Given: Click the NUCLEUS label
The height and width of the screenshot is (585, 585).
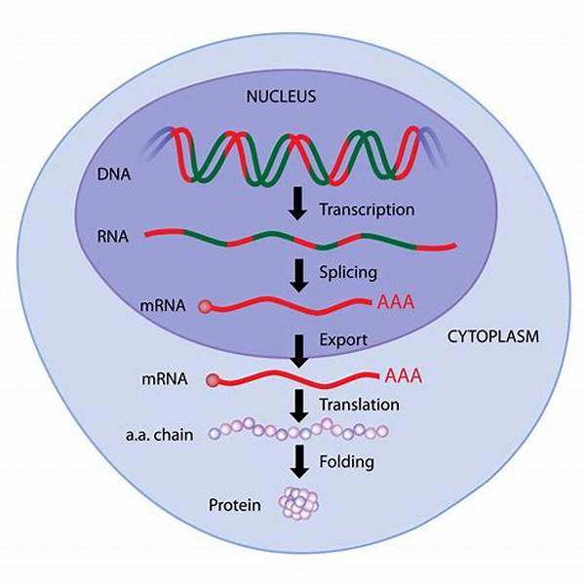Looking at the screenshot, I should (x=292, y=97).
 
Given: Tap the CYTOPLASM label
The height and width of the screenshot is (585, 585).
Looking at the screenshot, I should (x=494, y=336).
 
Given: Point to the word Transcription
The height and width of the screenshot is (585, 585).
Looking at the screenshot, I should (x=367, y=210).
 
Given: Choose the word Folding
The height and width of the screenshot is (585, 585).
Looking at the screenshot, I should (x=348, y=461).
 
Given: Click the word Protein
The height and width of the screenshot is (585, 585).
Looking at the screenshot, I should (x=234, y=504).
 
